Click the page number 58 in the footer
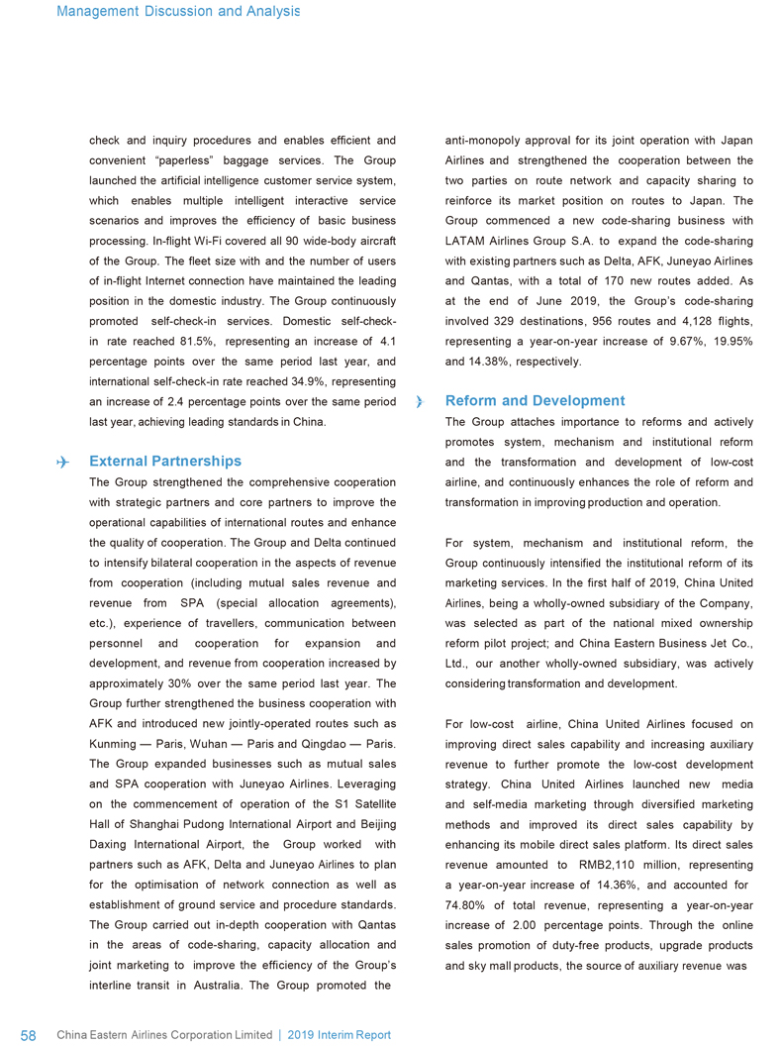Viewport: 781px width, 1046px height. click(x=29, y=1035)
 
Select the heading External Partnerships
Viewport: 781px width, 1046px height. click(x=164, y=462)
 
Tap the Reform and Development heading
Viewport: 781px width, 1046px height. click(x=536, y=401)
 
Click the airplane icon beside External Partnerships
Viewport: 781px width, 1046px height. click(x=64, y=462)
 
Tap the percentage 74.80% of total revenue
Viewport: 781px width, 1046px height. click(x=471, y=904)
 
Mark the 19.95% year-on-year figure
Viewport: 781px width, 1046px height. click(x=730, y=342)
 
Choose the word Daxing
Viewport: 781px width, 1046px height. click(x=112, y=844)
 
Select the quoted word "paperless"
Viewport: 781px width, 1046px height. click(x=191, y=160)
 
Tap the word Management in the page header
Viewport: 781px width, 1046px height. click(x=93, y=11)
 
